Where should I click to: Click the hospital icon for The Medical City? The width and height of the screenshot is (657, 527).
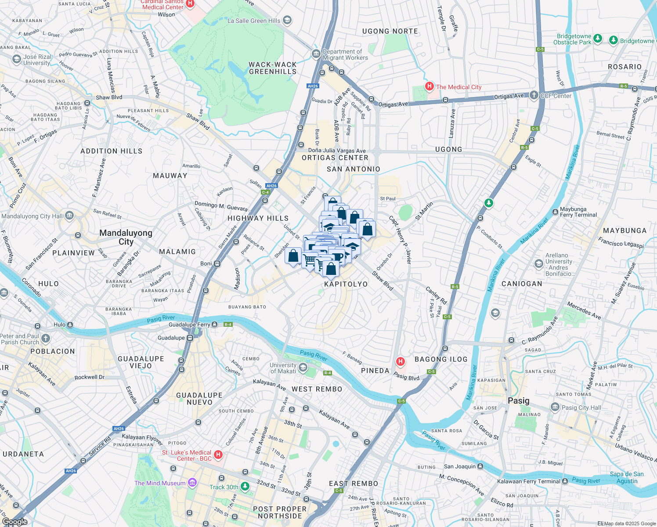[x=429, y=86]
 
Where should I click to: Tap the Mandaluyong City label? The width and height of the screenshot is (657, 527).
[x=126, y=237]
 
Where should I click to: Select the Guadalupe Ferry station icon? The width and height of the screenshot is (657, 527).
[x=214, y=325]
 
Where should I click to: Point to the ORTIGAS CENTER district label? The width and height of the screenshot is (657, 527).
[x=335, y=158]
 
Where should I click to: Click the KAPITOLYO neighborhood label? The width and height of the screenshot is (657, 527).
[x=346, y=284]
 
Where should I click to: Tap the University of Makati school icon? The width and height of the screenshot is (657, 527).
[x=303, y=367]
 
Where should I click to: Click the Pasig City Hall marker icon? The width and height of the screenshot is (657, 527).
[x=556, y=408]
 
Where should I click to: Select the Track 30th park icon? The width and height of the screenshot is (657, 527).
[x=245, y=486]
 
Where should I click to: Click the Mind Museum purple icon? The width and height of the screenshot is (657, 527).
[x=192, y=483]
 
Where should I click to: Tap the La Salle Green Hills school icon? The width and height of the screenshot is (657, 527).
[x=287, y=20]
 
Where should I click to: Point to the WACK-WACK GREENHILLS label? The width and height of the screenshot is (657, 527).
[x=273, y=68]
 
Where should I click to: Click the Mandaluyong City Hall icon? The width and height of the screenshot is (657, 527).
[x=69, y=216]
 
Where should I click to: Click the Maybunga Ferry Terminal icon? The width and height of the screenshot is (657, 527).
[x=555, y=212]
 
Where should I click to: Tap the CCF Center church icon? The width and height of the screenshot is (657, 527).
[x=534, y=95]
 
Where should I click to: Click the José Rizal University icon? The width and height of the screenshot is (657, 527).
[x=17, y=59]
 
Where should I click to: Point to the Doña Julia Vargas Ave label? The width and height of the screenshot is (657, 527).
[x=337, y=151]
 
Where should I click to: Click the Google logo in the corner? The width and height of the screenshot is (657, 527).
[x=14, y=522]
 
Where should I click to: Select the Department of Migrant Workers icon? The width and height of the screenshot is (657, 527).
[x=316, y=54]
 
